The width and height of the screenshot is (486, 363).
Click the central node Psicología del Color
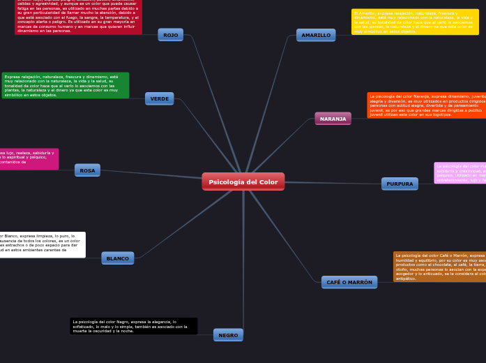[x=243, y=181]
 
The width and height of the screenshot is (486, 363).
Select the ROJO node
[x=170, y=35]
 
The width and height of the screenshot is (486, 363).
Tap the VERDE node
[x=160, y=98]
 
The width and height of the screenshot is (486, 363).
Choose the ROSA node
[x=87, y=170]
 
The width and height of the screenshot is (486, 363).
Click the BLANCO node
[x=117, y=258]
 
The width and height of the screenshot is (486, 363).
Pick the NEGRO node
[x=228, y=335]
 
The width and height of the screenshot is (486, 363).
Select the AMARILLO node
[x=316, y=35]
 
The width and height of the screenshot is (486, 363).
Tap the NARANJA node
[x=333, y=119]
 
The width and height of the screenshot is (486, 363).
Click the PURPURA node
[x=400, y=184]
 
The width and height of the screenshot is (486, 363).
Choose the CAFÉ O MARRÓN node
[x=349, y=282]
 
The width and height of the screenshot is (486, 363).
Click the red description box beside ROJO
[x=78, y=17]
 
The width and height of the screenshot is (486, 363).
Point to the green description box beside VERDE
[x=66, y=85]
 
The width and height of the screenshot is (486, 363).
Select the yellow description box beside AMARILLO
[x=415, y=22]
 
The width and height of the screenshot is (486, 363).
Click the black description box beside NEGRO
[x=133, y=326]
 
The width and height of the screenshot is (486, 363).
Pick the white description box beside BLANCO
[x=42, y=244]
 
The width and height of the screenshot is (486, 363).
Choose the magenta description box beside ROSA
[x=29, y=158]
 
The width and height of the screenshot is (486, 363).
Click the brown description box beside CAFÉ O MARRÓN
[x=439, y=267]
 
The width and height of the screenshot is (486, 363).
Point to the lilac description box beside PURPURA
[x=460, y=172]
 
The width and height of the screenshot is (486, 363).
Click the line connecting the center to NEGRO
[x=243, y=265]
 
